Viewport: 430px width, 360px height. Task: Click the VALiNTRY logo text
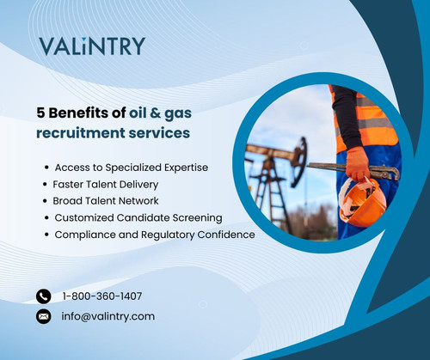tap(92, 46)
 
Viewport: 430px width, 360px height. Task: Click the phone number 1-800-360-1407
tap(102, 296)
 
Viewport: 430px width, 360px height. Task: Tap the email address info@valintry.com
tap(108, 316)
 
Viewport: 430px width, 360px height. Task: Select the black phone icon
tap(44, 296)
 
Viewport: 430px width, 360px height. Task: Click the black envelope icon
tap(44, 316)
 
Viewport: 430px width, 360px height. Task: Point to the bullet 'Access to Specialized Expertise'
tap(131, 167)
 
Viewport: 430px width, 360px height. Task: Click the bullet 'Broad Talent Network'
tap(107, 200)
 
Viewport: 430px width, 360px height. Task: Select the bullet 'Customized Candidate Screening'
tap(138, 217)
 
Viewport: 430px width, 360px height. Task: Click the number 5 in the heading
tap(40, 112)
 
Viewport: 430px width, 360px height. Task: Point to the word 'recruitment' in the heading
tap(79, 133)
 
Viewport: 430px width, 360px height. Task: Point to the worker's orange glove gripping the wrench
tap(356, 163)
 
